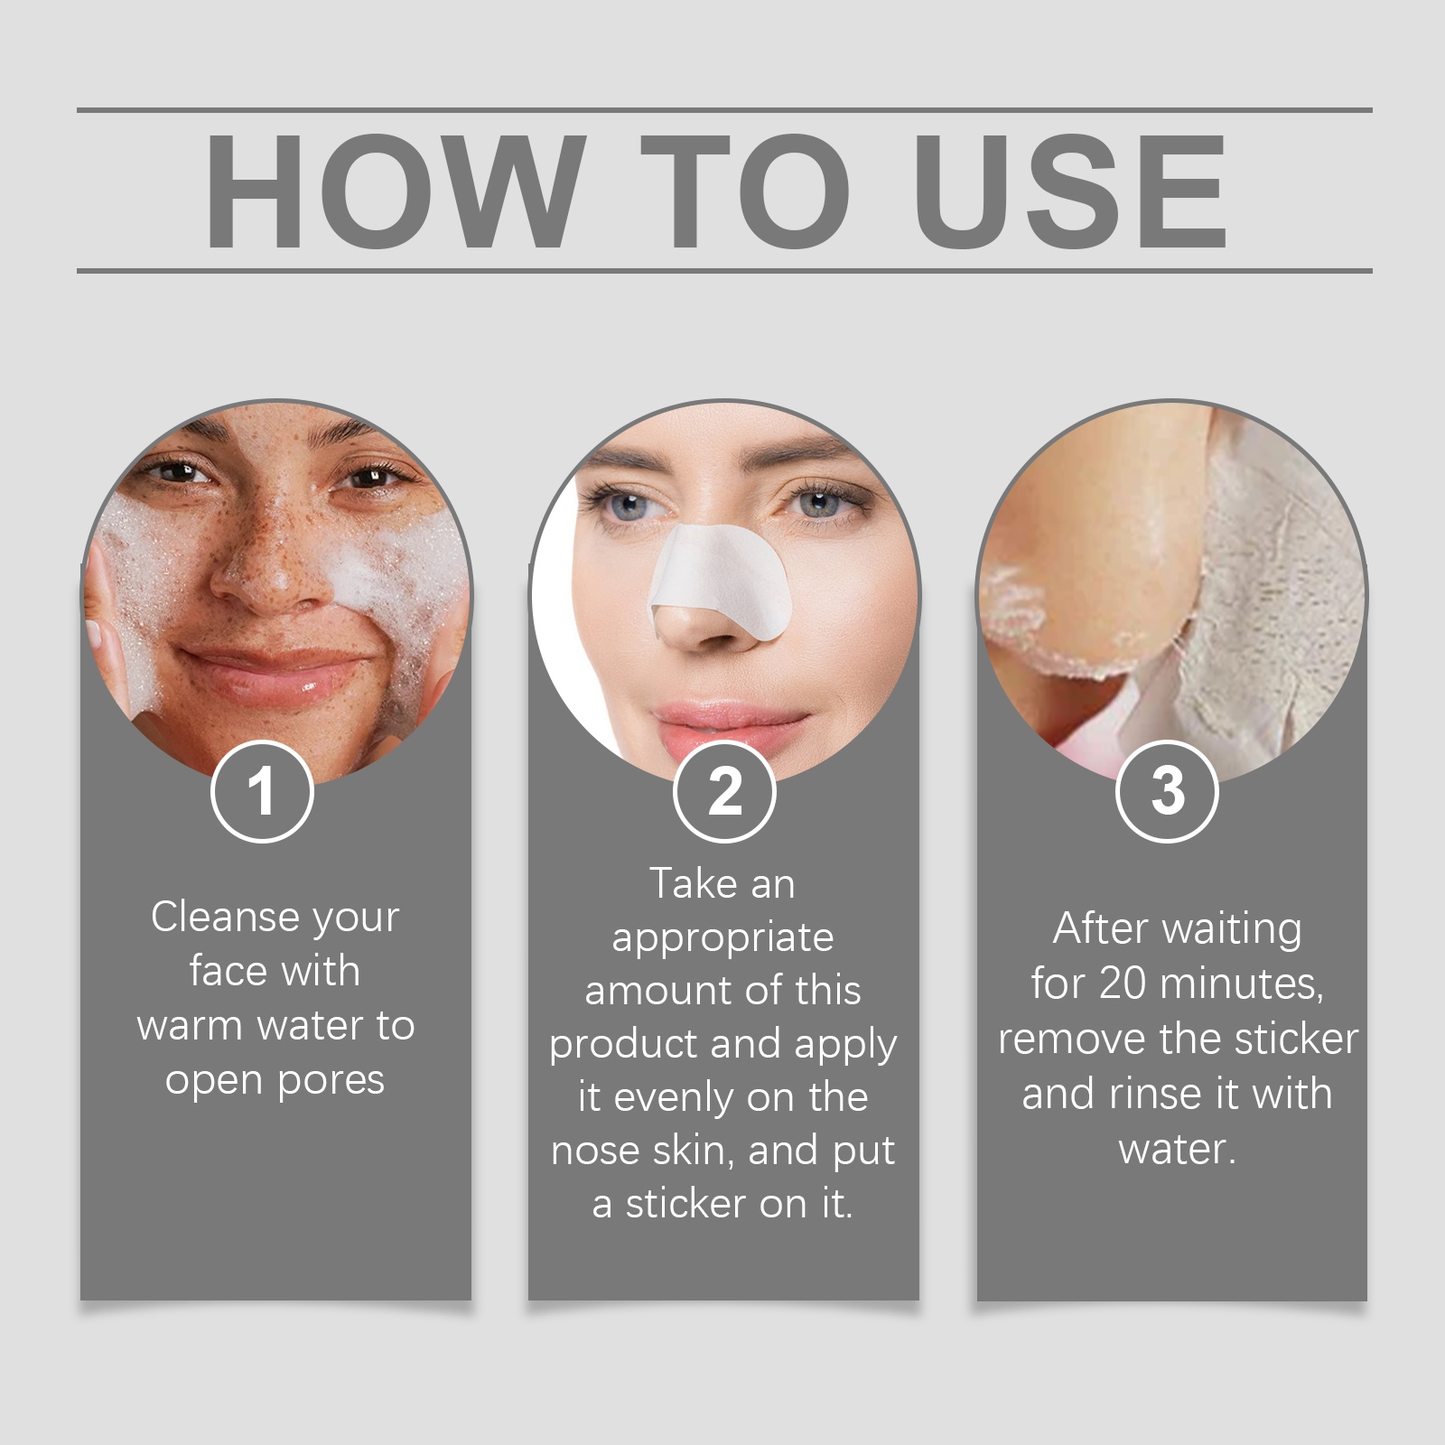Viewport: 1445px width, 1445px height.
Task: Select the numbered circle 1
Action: coord(262,792)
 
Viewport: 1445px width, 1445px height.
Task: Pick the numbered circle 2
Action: coord(724,792)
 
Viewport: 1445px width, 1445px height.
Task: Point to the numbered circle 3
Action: coord(1168,792)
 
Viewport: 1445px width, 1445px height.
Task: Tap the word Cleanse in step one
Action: coord(225,917)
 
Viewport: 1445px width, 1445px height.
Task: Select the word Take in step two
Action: coord(693,883)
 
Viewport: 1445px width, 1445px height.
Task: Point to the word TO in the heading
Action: coord(744,191)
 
